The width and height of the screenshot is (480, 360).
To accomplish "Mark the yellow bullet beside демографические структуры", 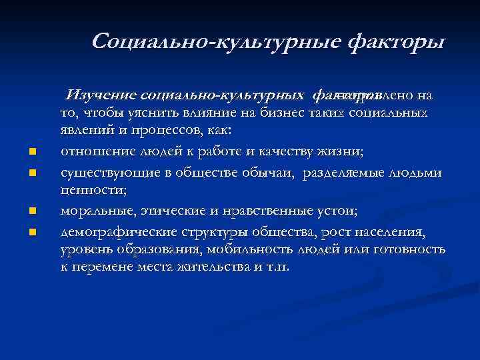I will click(32, 233).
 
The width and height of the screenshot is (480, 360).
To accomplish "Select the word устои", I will click(339, 211).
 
